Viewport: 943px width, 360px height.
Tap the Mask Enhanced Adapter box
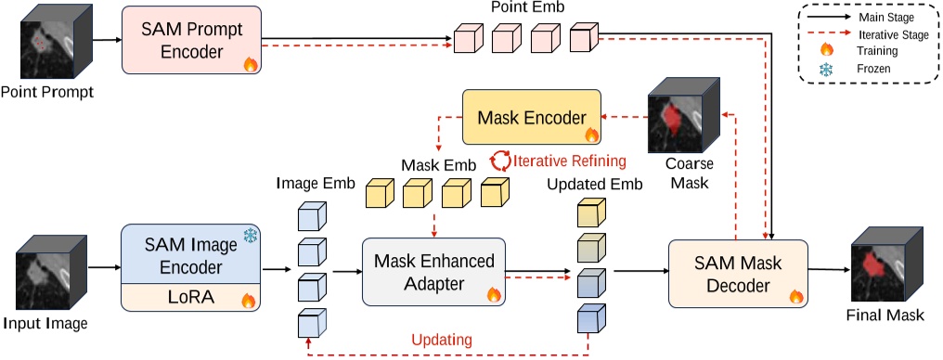(x=432, y=270)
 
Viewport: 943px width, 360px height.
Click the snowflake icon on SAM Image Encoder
(x=249, y=238)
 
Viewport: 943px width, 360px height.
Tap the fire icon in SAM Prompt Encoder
(x=249, y=64)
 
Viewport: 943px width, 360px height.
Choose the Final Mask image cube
(x=885, y=265)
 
